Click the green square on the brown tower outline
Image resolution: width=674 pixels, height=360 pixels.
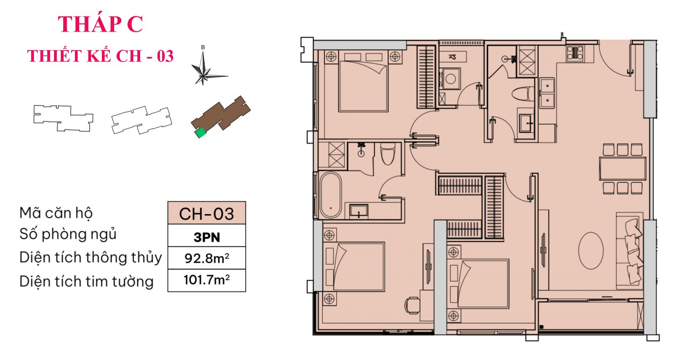(x=201, y=133)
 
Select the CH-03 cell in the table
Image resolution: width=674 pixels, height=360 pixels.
(x=206, y=213)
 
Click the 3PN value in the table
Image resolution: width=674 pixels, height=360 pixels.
(x=206, y=237)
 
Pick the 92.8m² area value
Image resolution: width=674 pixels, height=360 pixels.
(x=206, y=258)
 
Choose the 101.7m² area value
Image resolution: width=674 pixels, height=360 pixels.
(x=206, y=280)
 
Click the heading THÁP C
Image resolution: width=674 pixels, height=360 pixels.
(x=100, y=24)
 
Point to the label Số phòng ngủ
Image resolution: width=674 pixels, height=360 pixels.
(x=68, y=234)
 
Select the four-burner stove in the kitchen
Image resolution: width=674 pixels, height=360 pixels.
(x=575, y=53)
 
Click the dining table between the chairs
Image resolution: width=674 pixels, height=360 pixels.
(x=623, y=168)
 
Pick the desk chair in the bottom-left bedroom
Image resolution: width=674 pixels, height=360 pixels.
(x=412, y=305)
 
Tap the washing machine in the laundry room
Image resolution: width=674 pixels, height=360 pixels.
(x=450, y=79)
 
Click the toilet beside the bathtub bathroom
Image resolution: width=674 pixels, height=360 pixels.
(x=388, y=154)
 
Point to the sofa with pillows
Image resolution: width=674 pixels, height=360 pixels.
(x=630, y=251)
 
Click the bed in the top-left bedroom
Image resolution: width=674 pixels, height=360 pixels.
(x=363, y=86)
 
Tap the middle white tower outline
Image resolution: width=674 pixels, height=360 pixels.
(x=142, y=120)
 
